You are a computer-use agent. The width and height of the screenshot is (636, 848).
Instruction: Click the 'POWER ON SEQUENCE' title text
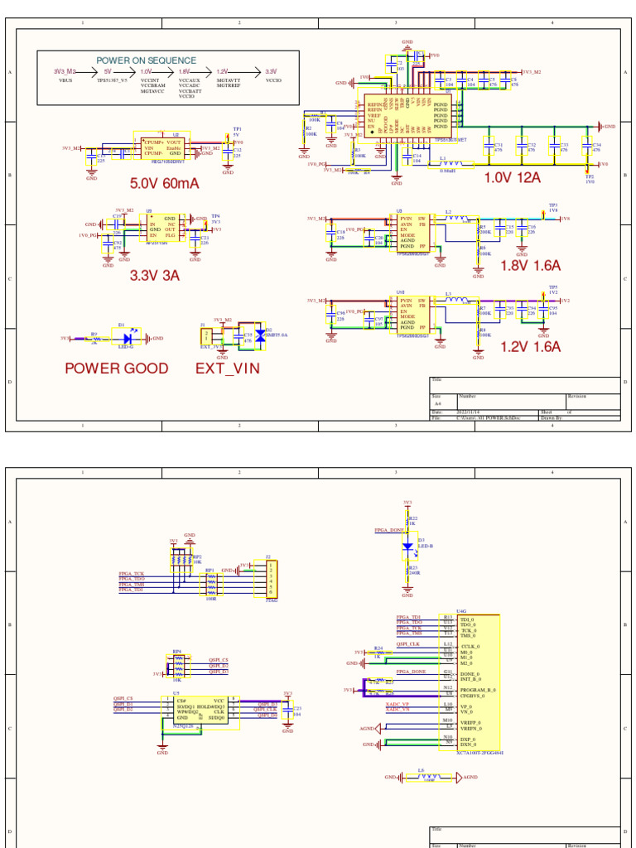pyautogui.click(x=146, y=60)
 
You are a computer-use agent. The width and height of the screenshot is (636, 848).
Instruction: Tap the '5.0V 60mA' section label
pyautogui.click(x=164, y=183)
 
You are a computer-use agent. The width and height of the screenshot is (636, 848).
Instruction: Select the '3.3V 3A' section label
pyautogui.click(x=155, y=276)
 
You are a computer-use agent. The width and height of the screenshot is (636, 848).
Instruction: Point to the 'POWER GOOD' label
pyautogui.click(x=117, y=369)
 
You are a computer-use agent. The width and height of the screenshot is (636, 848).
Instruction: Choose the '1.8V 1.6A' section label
pyautogui.click(x=531, y=266)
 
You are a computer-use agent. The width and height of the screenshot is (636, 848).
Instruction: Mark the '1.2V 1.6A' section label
pyautogui.click(x=531, y=347)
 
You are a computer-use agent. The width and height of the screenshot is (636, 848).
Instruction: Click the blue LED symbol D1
pyautogui.click(x=127, y=339)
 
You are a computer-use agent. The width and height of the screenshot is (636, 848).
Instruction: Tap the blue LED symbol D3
pyautogui.click(x=407, y=547)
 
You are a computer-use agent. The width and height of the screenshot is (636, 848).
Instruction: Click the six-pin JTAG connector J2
pyautogui.click(x=270, y=578)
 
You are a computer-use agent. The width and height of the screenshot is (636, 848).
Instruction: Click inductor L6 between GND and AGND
pyautogui.click(x=429, y=778)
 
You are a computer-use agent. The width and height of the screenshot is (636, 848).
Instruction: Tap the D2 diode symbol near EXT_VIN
pyautogui.click(x=260, y=335)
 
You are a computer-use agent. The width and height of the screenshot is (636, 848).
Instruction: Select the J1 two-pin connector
pyautogui.click(x=206, y=336)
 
